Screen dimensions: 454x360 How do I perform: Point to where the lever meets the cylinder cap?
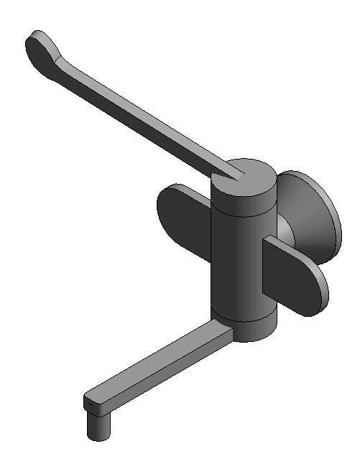coord(234,171)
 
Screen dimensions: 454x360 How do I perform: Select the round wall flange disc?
coord(309,212)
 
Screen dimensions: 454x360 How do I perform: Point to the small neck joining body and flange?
coord(282,230)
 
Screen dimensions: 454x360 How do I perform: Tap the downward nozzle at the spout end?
coord(98,427)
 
